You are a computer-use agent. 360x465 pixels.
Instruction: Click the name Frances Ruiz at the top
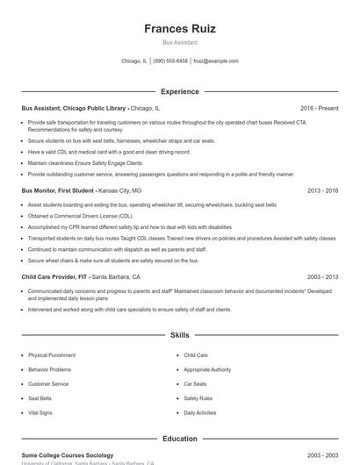(x=180, y=28)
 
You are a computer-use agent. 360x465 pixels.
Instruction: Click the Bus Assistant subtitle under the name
(x=180, y=42)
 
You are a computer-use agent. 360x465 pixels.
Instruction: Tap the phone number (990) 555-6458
(x=170, y=61)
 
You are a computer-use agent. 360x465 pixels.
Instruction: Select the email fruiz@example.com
(x=216, y=61)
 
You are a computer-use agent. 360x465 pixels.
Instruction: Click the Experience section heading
(x=180, y=91)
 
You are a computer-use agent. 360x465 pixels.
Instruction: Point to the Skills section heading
(x=180, y=335)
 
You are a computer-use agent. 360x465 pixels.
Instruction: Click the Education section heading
(x=180, y=438)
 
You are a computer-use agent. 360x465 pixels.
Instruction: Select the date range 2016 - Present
(x=319, y=108)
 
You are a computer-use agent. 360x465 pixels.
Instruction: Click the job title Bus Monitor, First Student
(x=58, y=190)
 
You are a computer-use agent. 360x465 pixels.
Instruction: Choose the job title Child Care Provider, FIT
(x=54, y=276)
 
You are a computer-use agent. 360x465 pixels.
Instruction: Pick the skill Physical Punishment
(x=52, y=355)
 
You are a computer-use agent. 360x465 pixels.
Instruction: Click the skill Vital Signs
(x=40, y=412)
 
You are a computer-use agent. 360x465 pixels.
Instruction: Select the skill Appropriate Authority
(x=207, y=369)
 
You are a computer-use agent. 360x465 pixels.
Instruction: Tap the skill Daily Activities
(x=200, y=412)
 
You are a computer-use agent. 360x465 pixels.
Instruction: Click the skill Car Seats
(x=195, y=383)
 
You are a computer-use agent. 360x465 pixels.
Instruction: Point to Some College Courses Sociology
(x=68, y=455)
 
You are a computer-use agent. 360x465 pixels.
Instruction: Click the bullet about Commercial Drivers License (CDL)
(x=81, y=216)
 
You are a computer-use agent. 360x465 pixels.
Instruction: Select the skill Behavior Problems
(x=50, y=369)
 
